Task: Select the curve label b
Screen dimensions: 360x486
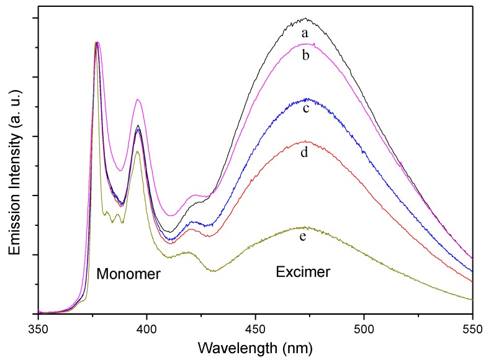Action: [305, 55]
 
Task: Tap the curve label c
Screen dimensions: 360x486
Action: [306, 109]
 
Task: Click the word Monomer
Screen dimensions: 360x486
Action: [128, 274]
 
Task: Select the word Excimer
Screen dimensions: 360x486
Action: [303, 271]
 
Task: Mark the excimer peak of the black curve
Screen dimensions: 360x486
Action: [305, 19]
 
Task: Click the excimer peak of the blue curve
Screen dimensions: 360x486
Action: [305, 99]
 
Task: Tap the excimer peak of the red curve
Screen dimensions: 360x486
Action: [305, 142]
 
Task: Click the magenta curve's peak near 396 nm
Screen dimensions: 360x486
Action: [138, 99]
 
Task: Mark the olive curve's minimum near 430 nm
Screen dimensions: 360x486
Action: [213, 271]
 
